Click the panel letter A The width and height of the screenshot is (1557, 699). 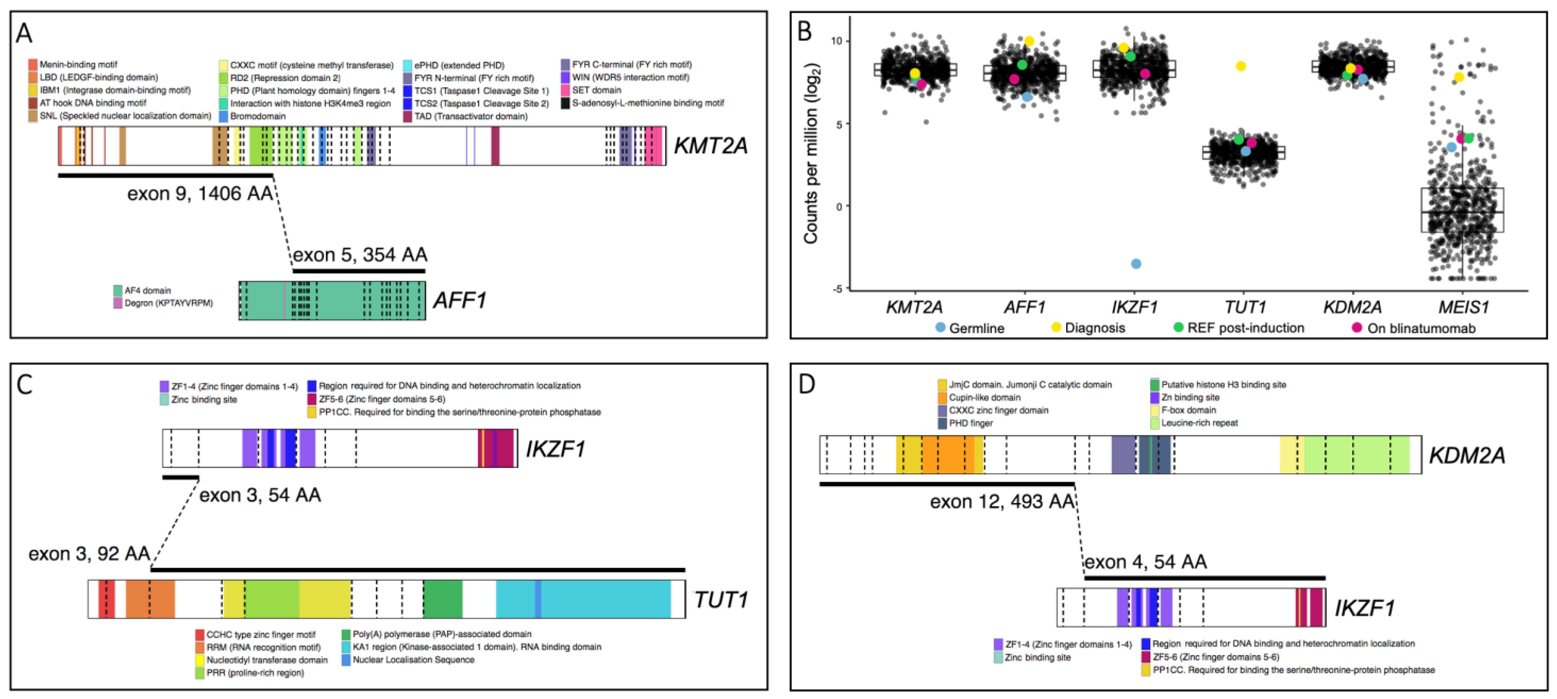coord(24,33)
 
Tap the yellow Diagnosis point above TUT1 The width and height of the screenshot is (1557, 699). coord(1241,66)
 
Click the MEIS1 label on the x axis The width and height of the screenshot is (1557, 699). coord(1463,308)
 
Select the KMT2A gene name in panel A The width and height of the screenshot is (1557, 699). coord(710,146)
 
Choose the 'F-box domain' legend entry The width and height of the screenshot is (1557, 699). coord(1188,410)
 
